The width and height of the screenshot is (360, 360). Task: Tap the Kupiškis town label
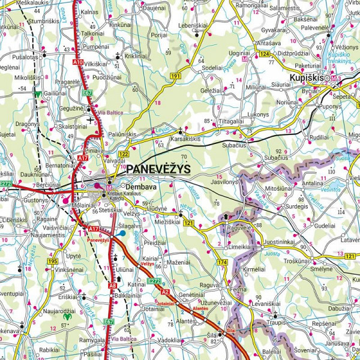point(304,79)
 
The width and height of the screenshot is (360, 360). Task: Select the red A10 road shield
point(77,62)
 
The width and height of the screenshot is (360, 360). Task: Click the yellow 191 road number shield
point(175,76)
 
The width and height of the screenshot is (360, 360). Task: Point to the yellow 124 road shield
point(264,55)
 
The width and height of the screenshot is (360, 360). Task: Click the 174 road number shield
point(223,263)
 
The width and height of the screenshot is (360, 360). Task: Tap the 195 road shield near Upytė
point(53,262)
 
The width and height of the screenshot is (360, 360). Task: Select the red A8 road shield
point(113,286)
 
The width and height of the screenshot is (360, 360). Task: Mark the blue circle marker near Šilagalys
point(121,233)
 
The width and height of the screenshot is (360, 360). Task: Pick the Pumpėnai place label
point(96,46)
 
